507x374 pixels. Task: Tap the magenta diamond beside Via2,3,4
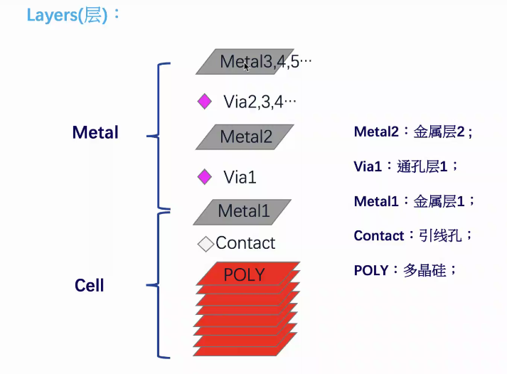(205, 102)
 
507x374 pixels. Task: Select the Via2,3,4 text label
(260, 102)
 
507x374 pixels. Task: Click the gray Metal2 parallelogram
(245, 137)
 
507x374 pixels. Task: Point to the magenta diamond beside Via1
(205, 176)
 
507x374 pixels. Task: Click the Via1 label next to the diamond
(240, 177)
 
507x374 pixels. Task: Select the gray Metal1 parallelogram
(243, 211)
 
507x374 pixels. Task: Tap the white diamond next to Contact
(206, 244)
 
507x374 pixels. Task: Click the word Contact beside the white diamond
(245, 243)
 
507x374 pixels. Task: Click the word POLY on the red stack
(244, 274)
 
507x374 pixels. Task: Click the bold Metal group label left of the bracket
(95, 132)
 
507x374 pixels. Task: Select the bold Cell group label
(90, 286)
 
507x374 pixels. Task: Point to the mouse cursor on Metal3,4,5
(246, 66)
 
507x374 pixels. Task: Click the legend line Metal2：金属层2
(413, 132)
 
